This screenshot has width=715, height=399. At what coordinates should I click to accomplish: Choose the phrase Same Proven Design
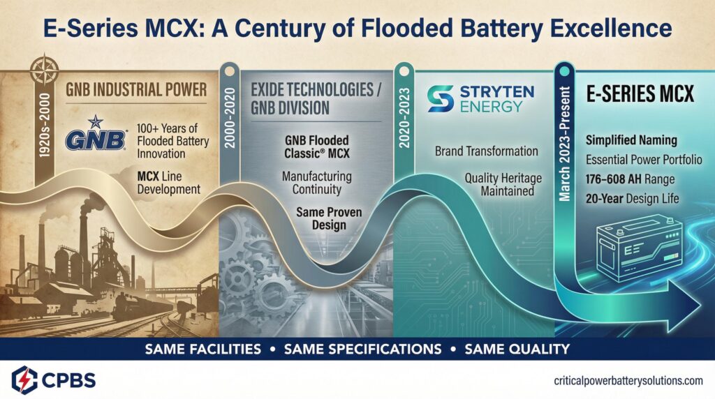click(329, 217)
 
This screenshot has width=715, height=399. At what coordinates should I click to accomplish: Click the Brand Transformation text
click(486, 151)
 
